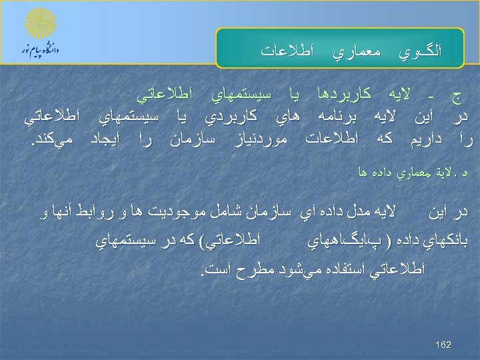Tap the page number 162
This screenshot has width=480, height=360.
tap(443, 345)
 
